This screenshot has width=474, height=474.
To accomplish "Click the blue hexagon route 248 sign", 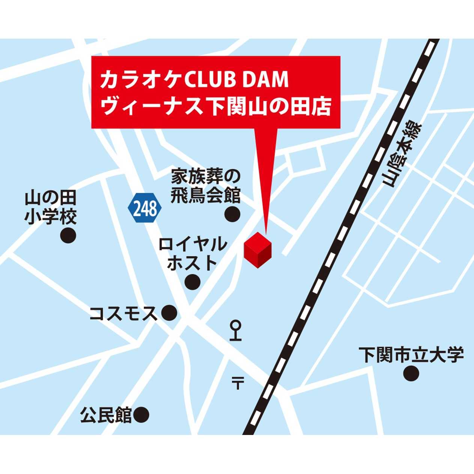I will point(145,208).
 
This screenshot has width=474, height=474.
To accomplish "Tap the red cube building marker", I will point(257,250).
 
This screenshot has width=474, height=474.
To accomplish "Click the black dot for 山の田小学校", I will point(68,236).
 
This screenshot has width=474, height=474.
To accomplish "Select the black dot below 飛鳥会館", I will point(232,214).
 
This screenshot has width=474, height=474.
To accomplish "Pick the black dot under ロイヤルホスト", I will point(193,281).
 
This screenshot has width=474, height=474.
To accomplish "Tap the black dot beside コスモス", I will point(169,312).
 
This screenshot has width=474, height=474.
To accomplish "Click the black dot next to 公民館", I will point(141,415).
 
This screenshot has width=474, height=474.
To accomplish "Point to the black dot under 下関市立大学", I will point(411,373).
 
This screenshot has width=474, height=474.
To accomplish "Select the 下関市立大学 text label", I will point(411,355).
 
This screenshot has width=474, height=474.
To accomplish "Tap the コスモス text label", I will point(123,313).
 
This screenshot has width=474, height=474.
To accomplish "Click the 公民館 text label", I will point(106,415).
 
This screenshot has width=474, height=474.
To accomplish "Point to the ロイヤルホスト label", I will point(193,254).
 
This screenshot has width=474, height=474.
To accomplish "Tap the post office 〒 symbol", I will point(237,383).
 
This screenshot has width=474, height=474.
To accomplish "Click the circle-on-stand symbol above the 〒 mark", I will point(236,330).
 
